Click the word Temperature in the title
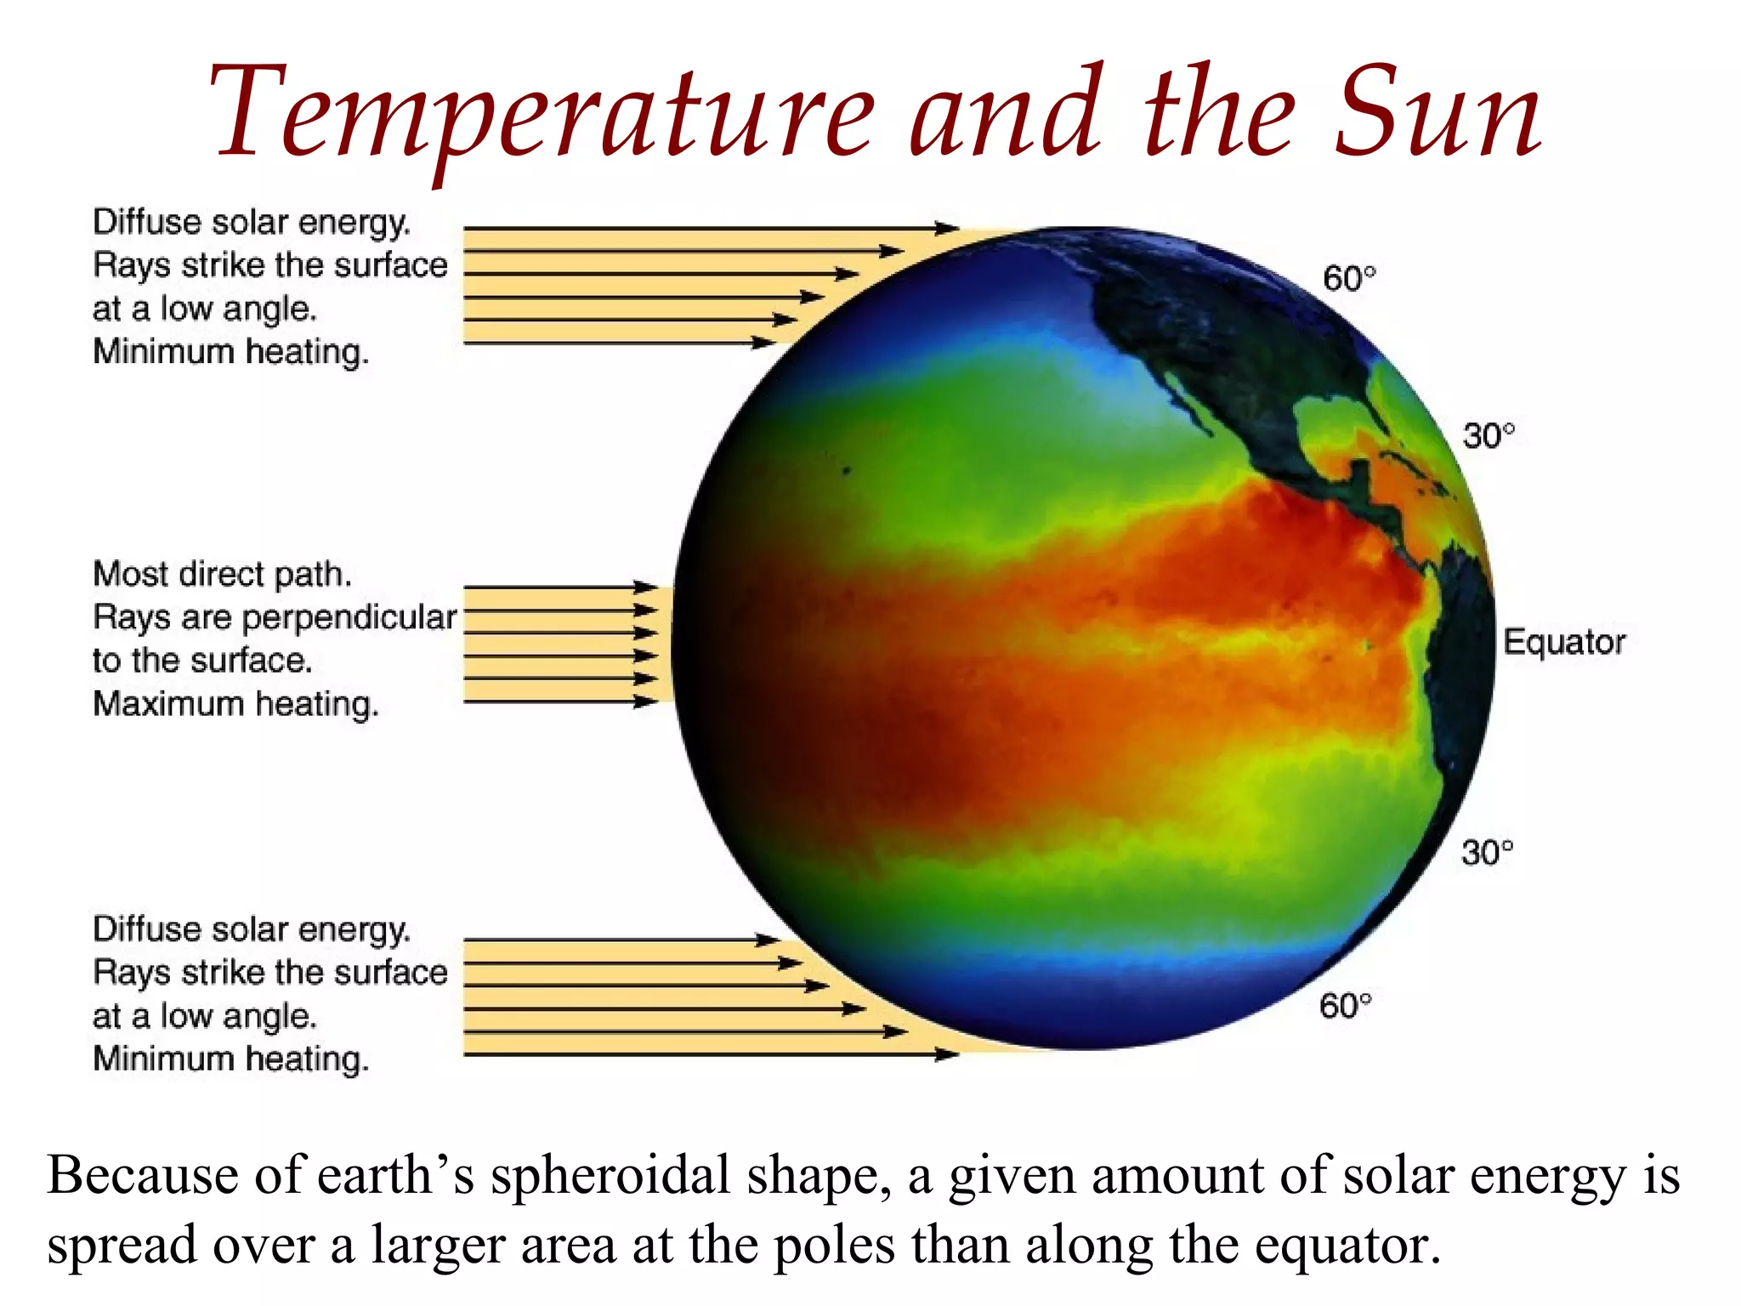(x=544, y=115)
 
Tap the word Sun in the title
(x=1437, y=115)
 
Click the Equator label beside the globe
(x=1563, y=642)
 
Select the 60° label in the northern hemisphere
(x=1348, y=279)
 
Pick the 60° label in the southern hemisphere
(x=1345, y=1006)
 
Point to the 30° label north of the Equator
(x=1488, y=436)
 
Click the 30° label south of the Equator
(x=1487, y=852)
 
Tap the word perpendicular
(x=349, y=618)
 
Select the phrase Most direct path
(x=222, y=575)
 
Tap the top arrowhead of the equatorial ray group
(x=646, y=587)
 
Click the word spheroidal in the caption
(x=610, y=1177)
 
